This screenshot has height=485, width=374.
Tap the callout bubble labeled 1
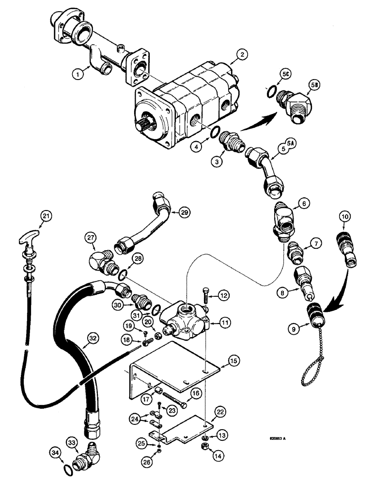(76, 75)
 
